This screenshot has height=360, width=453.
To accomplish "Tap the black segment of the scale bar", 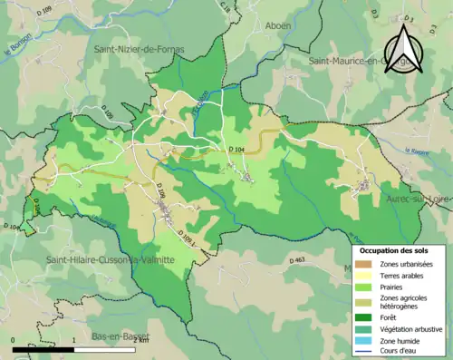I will tap(43, 345).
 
